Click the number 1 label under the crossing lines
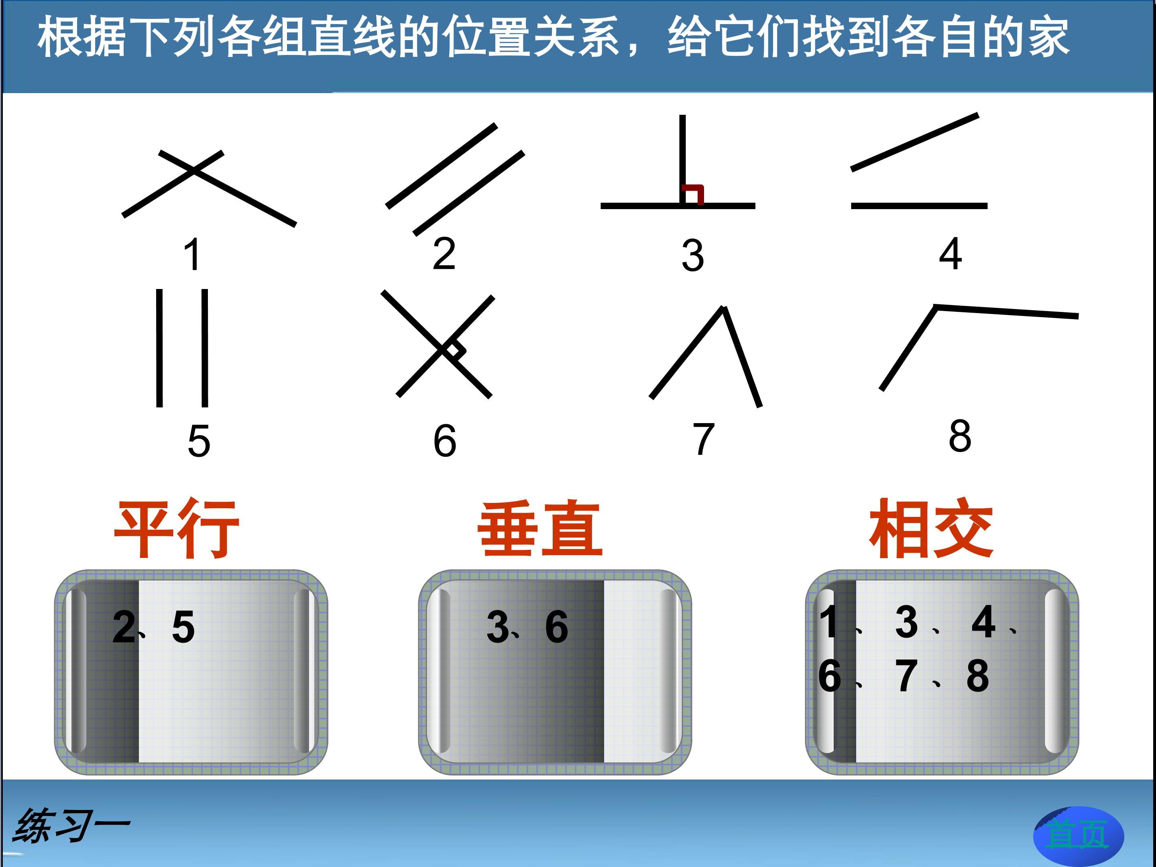[192, 254]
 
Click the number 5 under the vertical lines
[199, 441]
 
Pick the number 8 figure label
[960, 436]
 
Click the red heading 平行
[177, 528]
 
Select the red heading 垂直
[540, 529]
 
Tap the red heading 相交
[931, 528]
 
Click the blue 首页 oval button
[1079, 834]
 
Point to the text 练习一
[71, 826]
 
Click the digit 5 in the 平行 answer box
[183, 627]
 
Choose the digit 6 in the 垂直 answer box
[557, 627]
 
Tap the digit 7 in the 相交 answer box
[906, 676]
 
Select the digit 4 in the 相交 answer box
[983, 622]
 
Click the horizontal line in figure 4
[919, 206]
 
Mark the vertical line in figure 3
[682, 159]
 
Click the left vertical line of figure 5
[159, 348]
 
